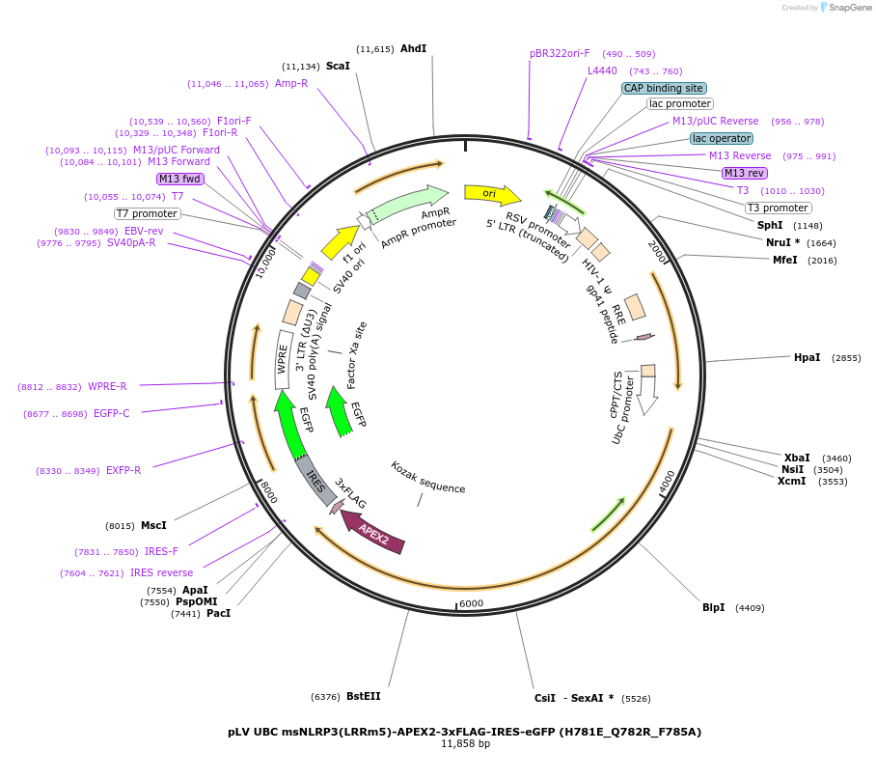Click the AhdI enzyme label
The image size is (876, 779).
tap(413, 48)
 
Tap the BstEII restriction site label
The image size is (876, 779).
tap(364, 696)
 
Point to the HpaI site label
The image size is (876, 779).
tap(807, 357)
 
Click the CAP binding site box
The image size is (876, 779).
tap(663, 88)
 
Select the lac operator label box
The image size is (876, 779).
tap(721, 138)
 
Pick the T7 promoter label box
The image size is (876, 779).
tap(148, 213)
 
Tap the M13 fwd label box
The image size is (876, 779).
tap(180, 179)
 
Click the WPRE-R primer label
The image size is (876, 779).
tap(107, 386)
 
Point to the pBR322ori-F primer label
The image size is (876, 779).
tap(560, 54)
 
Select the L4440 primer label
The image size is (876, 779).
tap(602, 70)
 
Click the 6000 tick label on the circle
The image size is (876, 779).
tap(471, 603)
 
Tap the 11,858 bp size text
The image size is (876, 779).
tap(465, 744)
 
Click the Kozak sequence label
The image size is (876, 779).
tap(427, 477)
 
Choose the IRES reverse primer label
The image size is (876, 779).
tap(161, 572)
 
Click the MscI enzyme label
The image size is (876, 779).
tap(153, 525)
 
